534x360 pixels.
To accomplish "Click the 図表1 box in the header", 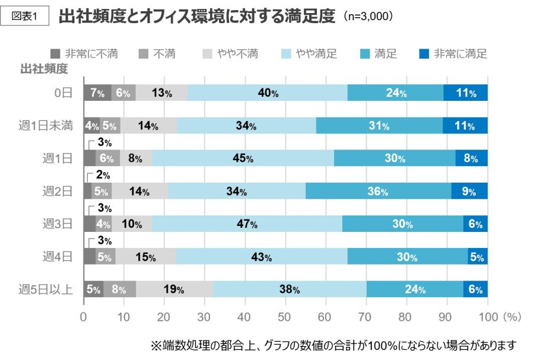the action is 24,16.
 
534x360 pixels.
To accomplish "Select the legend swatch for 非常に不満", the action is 55,54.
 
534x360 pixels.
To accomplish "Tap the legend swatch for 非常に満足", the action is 424,54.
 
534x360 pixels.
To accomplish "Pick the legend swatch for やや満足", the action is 287,54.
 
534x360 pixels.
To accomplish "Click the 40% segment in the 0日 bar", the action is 268,93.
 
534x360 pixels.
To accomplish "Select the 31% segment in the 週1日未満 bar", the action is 379,126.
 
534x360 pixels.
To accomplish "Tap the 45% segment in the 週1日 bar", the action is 243,158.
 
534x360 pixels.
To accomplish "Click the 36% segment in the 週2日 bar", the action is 379,191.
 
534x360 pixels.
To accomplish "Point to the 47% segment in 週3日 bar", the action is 247,224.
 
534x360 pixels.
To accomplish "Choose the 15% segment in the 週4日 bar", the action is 145,256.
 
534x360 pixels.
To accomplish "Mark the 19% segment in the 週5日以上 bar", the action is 174,289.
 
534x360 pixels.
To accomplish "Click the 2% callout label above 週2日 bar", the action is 103,175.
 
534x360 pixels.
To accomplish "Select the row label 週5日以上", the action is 46,289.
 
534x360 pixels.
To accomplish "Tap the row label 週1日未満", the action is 46,126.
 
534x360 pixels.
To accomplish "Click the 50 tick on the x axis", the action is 284,317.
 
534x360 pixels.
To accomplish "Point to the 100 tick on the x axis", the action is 488,317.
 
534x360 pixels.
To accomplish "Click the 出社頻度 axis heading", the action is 44,69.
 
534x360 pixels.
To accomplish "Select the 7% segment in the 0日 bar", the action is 97,93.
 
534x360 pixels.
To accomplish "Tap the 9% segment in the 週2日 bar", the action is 469,191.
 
